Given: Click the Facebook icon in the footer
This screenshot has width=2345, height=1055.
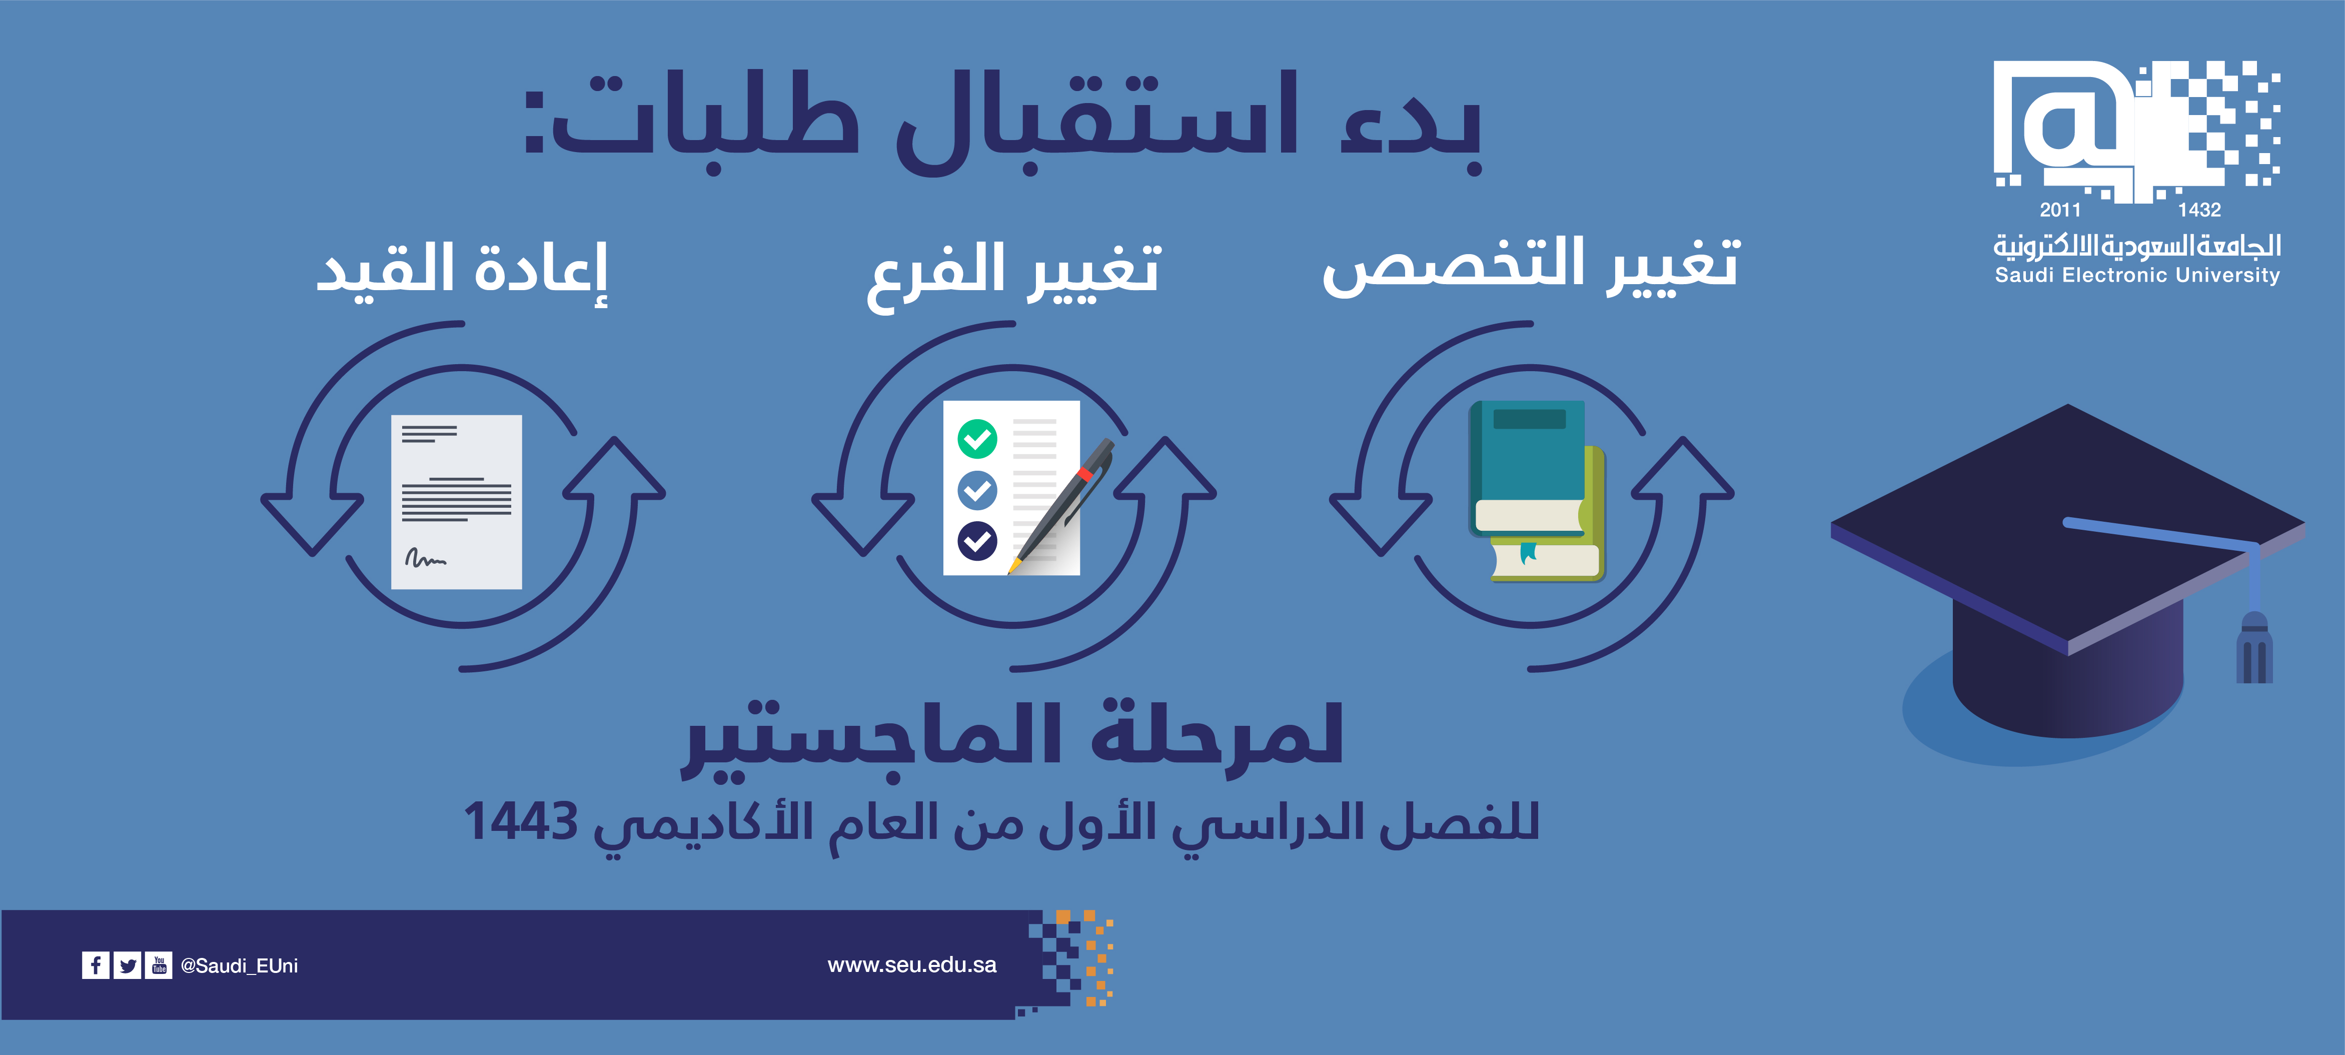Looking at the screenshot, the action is (x=96, y=965).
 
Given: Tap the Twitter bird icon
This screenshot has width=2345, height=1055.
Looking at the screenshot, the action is (x=128, y=965).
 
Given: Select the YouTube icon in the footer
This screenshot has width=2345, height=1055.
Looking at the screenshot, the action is (x=159, y=965).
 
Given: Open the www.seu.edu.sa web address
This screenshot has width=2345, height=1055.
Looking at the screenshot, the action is (x=912, y=965).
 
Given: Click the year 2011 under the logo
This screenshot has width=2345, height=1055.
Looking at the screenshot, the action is (x=2060, y=210).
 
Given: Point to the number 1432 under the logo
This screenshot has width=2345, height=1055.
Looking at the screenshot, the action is (x=2199, y=210).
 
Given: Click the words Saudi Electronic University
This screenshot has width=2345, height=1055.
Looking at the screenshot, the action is (x=2137, y=275).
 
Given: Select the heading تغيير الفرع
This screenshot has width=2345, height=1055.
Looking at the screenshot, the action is (x=1013, y=275).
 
